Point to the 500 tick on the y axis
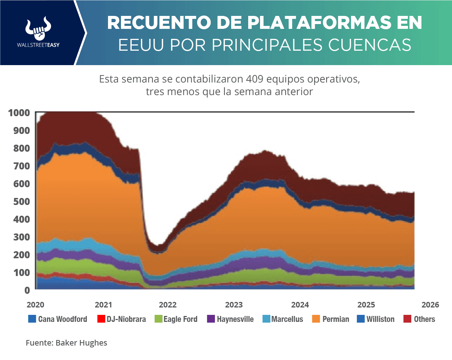[x=21, y=202]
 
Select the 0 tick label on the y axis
[x=27, y=290]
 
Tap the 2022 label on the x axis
[x=168, y=305]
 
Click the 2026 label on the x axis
[x=430, y=305]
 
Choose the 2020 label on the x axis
[x=36, y=305]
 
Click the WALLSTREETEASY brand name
[x=38, y=45]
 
